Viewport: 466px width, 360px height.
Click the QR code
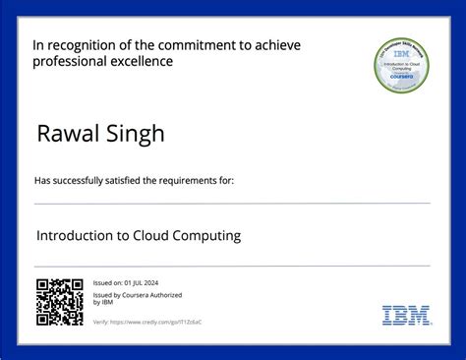(x=59, y=302)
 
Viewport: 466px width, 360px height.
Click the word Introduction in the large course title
(x=76, y=236)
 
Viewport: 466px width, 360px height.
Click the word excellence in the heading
(x=143, y=62)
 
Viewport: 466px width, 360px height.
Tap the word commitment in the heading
(x=208, y=45)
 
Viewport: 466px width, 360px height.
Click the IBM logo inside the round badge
(x=401, y=55)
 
